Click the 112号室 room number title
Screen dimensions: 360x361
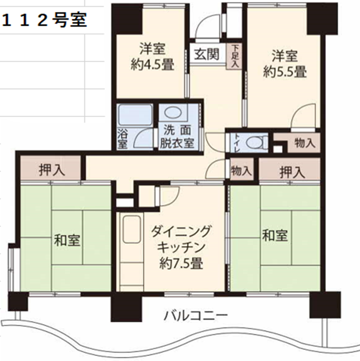pyautogui.click(x=44, y=20)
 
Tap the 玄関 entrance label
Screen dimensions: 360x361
pyautogui.click(x=207, y=54)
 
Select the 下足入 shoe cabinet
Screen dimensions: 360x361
pyautogui.click(x=234, y=56)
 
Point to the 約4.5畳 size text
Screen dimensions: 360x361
pyautogui.click(x=152, y=65)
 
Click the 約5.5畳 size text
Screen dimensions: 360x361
pyautogui.click(x=285, y=72)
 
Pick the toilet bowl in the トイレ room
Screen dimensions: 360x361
pyautogui.click(x=256, y=142)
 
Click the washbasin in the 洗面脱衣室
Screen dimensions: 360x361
pyautogui.click(x=173, y=113)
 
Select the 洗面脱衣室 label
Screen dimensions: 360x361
pyautogui.click(x=177, y=137)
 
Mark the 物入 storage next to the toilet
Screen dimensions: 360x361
pyautogui.click(x=303, y=143)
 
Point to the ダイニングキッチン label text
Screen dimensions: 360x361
pyautogui.click(x=181, y=239)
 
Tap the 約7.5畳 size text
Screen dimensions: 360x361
pyautogui.click(x=182, y=264)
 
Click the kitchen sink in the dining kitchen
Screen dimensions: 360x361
pyautogui.click(x=131, y=229)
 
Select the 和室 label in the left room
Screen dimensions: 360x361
pyautogui.click(x=67, y=240)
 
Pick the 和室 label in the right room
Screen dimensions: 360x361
pyautogui.click(x=275, y=236)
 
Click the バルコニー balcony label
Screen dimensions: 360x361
pyautogui.click(x=195, y=315)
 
